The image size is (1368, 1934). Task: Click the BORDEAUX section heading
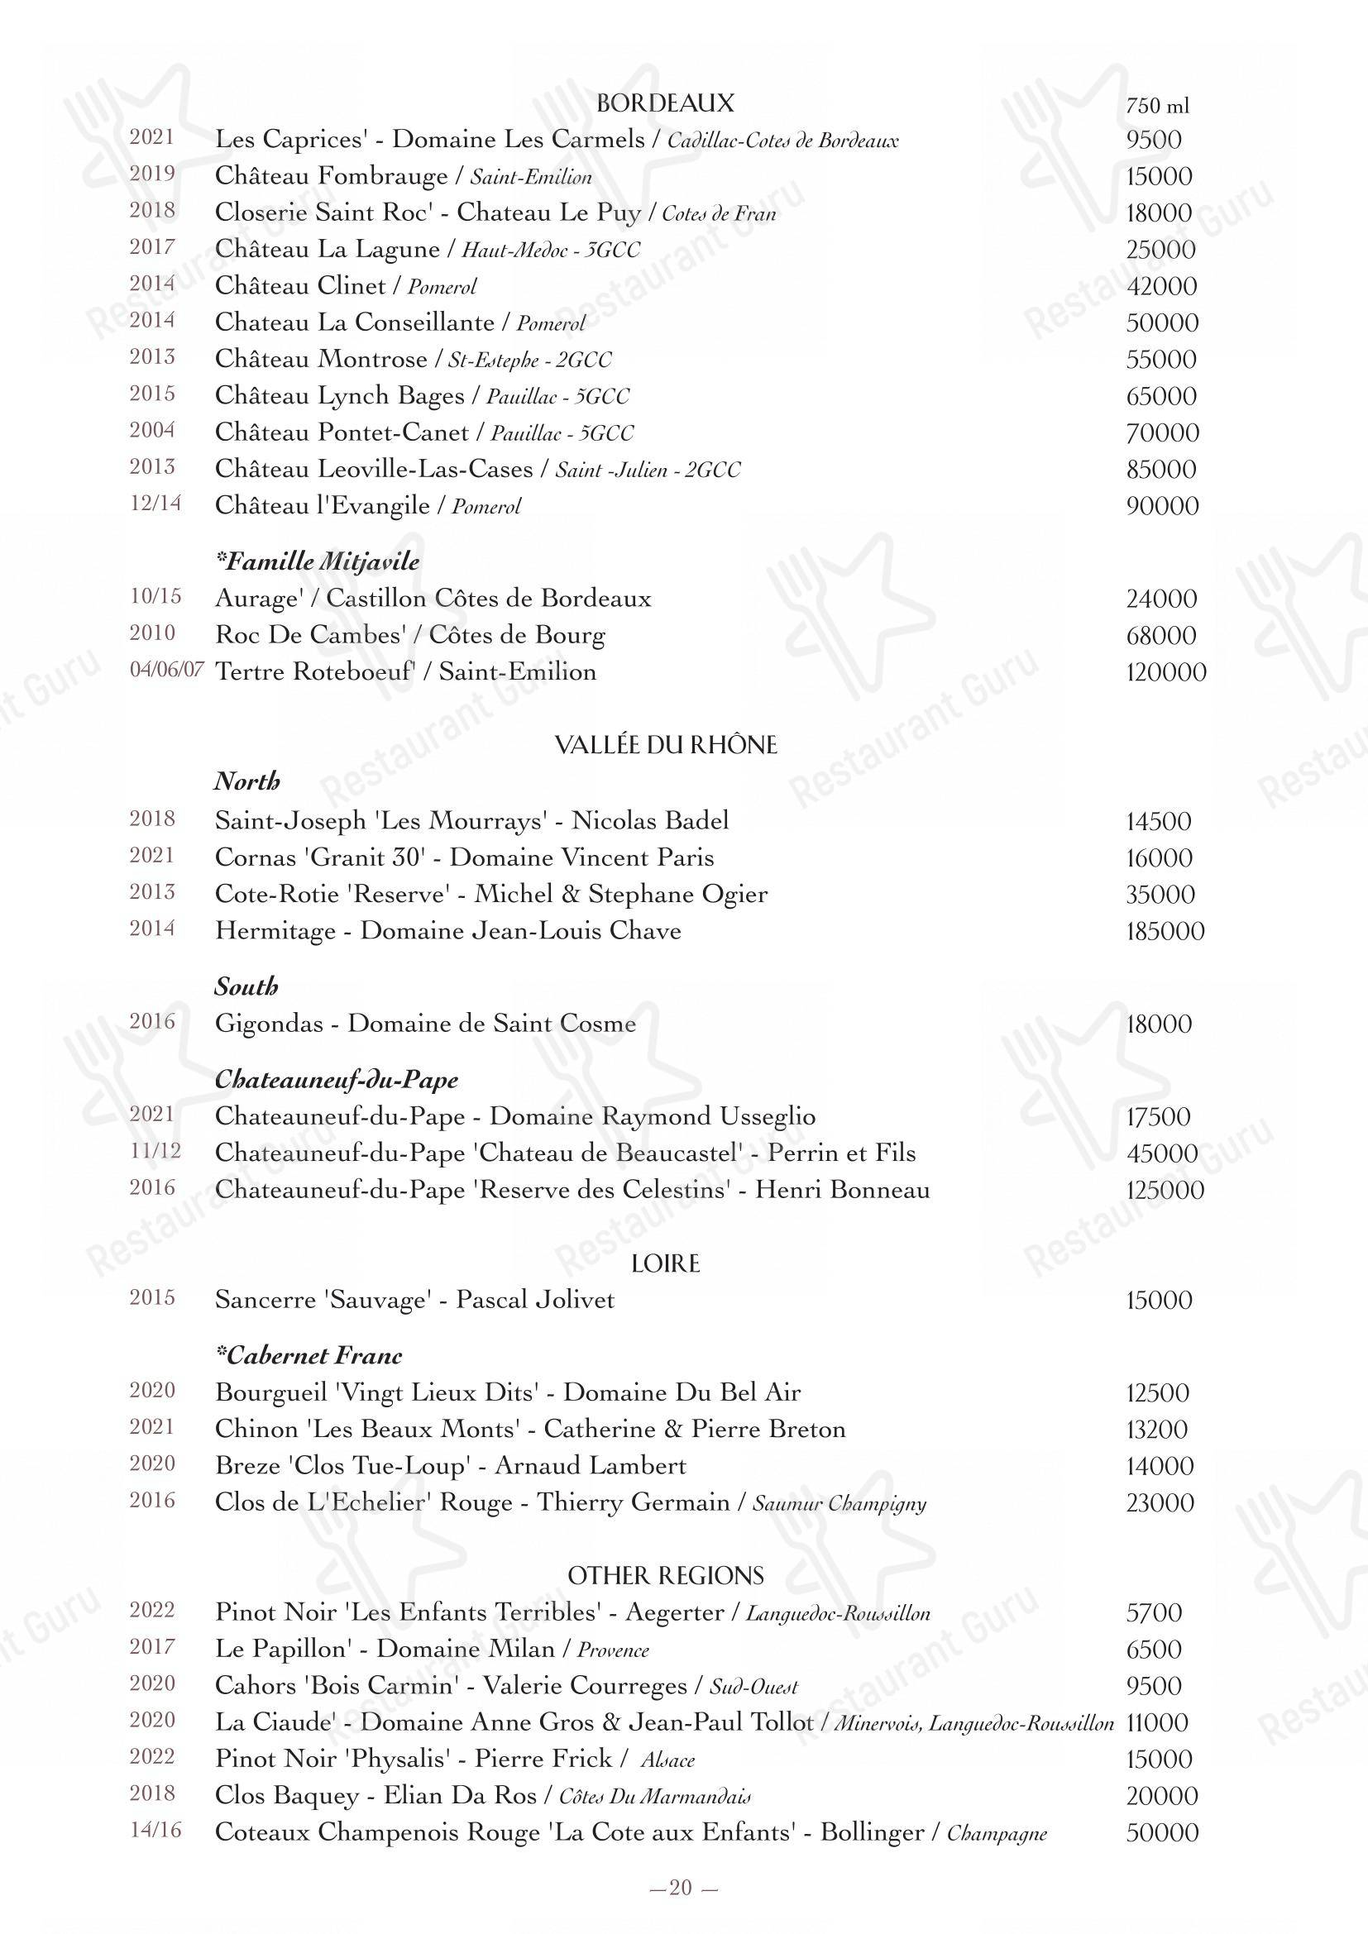click(665, 103)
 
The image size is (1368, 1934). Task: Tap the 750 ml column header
click(1157, 105)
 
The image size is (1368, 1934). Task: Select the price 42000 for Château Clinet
click(1160, 285)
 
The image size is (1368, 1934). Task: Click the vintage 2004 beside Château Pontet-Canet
click(152, 430)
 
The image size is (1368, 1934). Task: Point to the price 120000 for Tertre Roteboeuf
click(1166, 672)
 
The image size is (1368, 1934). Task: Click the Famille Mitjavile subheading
click(318, 561)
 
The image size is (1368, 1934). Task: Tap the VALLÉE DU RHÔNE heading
click(666, 745)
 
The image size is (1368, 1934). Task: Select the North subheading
click(246, 781)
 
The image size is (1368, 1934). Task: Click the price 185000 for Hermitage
click(1165, 932)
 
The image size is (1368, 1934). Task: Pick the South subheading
click(246, 986)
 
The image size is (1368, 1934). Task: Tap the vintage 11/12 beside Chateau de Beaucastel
click(155, 1151)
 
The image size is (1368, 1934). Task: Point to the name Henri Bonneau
click(841, 1189)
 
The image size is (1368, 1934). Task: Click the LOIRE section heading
click(666, 1263)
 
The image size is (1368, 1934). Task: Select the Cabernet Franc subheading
click(309, 1355)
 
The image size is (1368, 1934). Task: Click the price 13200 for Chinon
click(1157, 1430)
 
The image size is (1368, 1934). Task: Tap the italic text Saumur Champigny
click(839, 1503)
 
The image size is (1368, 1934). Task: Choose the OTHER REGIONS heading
click(666, 1576)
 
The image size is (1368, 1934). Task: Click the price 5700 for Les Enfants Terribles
click(1154, 1613)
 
